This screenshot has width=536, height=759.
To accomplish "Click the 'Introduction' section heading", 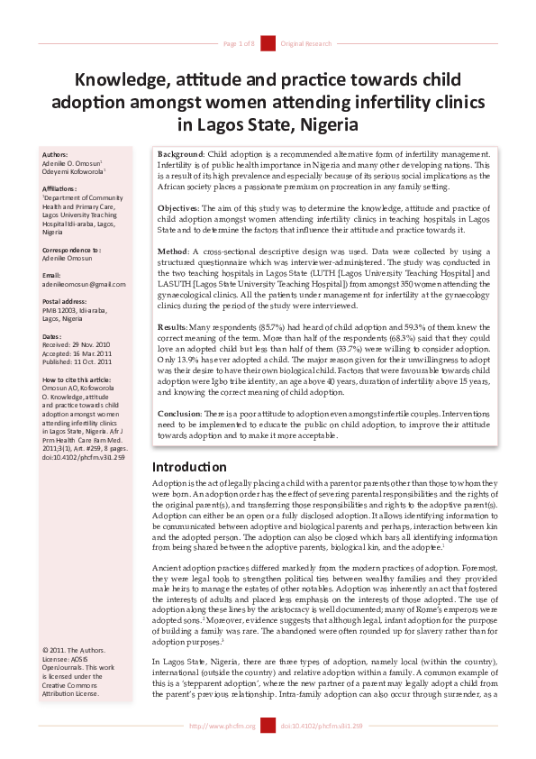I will [x=189, y=467].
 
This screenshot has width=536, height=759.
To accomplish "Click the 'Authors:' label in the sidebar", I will [x=55, y=154].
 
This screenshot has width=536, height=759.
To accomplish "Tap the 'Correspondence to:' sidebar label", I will [x=72, y=248].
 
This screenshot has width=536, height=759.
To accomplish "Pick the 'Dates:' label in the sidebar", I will [x=52, y=336].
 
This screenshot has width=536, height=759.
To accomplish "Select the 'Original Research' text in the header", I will [x=306, y=43].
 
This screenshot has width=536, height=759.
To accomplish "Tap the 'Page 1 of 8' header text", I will [x=239, y=43].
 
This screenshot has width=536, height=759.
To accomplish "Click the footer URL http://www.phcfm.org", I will [x=222, y=726].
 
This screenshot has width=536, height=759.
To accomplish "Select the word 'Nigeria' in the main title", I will [x=326, y=123].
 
